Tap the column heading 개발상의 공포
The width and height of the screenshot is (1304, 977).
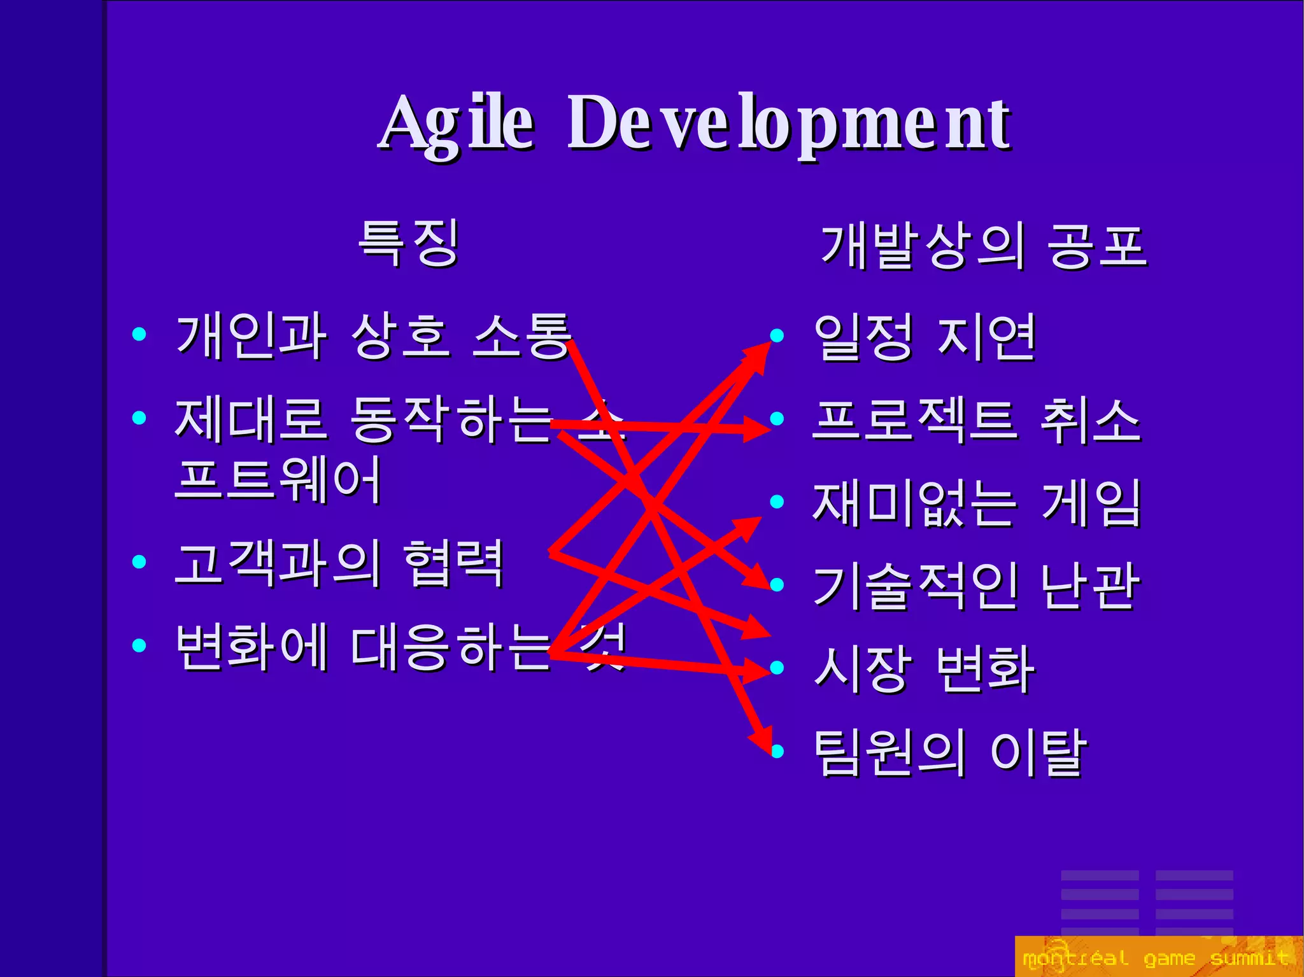pyautogui.click(x=984, y=246)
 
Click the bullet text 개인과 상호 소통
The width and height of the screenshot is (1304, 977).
pyautogui.click(x=372, y=336)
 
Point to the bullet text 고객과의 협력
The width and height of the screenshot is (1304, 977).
pyautogui.click(x=339, y=563)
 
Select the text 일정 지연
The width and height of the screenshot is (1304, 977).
pyautogui.click(x=925, y=337)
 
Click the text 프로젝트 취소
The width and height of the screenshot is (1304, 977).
pyautogui.click(x=976, y=420)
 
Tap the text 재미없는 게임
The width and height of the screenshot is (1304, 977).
pyautogui.click(x=977, y=503)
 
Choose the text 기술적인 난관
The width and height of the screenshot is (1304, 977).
pyautogui.click(x=976, y=586)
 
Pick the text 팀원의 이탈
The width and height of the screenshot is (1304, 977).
pyautogui.click(x=950, y=752)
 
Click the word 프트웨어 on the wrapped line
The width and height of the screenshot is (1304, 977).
pyautogui.click(x=278, y=479)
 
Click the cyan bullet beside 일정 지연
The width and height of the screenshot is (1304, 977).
pyautogui.click(x=776, y=335)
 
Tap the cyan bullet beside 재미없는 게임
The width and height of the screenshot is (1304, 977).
pyautogui.click(x=776, y=502)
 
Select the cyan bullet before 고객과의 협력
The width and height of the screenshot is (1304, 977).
pyautogui.click(x=139, y=562)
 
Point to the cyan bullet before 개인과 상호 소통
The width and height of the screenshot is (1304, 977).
pyautogui.click(x=139, y=334)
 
